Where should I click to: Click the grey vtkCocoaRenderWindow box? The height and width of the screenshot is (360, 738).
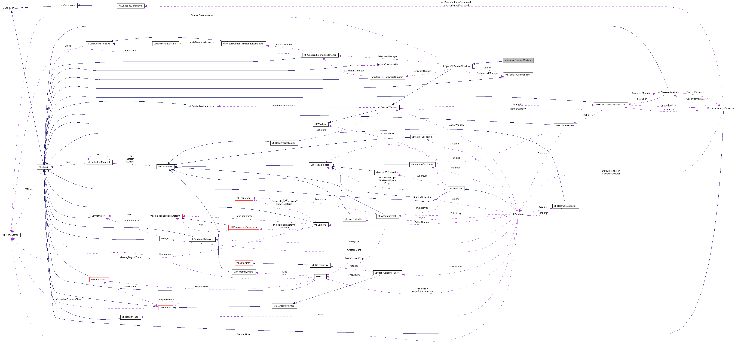coord(518,60)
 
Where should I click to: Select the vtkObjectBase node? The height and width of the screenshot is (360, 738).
coord(11,8)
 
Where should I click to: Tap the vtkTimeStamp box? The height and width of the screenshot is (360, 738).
coord(11,235)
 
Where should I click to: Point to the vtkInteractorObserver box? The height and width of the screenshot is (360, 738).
coord(723,108)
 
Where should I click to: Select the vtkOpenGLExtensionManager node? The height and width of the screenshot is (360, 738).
coord(320,55)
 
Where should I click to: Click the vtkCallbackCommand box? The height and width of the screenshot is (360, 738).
coord(130,6)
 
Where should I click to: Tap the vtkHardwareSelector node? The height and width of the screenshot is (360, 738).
coord(565,206)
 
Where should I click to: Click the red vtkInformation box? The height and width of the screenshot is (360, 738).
coord(99,279)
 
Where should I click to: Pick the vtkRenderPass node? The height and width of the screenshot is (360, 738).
coord(130,317)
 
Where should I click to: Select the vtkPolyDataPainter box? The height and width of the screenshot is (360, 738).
coord(284,306)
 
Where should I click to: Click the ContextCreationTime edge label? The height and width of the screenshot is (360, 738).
coord(202,16)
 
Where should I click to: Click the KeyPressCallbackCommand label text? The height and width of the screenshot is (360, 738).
coord(455,2)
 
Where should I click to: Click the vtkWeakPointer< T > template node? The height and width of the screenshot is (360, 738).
coord(165,44)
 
